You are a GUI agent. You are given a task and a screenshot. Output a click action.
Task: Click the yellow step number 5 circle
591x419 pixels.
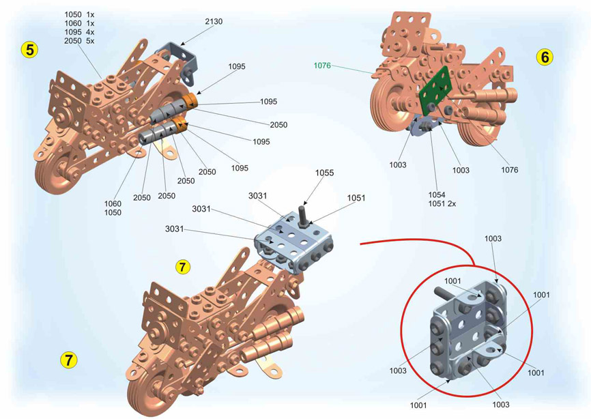(29, 49)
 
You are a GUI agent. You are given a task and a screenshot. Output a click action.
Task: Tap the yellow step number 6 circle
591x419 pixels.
(544, 57)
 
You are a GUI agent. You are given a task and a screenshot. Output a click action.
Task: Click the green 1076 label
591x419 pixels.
(322, 66)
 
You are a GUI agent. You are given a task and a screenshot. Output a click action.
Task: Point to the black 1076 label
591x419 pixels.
(509, 170)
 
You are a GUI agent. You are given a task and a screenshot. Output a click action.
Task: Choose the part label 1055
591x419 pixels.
(324, 174)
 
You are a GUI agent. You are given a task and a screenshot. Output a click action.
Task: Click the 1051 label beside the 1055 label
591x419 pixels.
(356, 199)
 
